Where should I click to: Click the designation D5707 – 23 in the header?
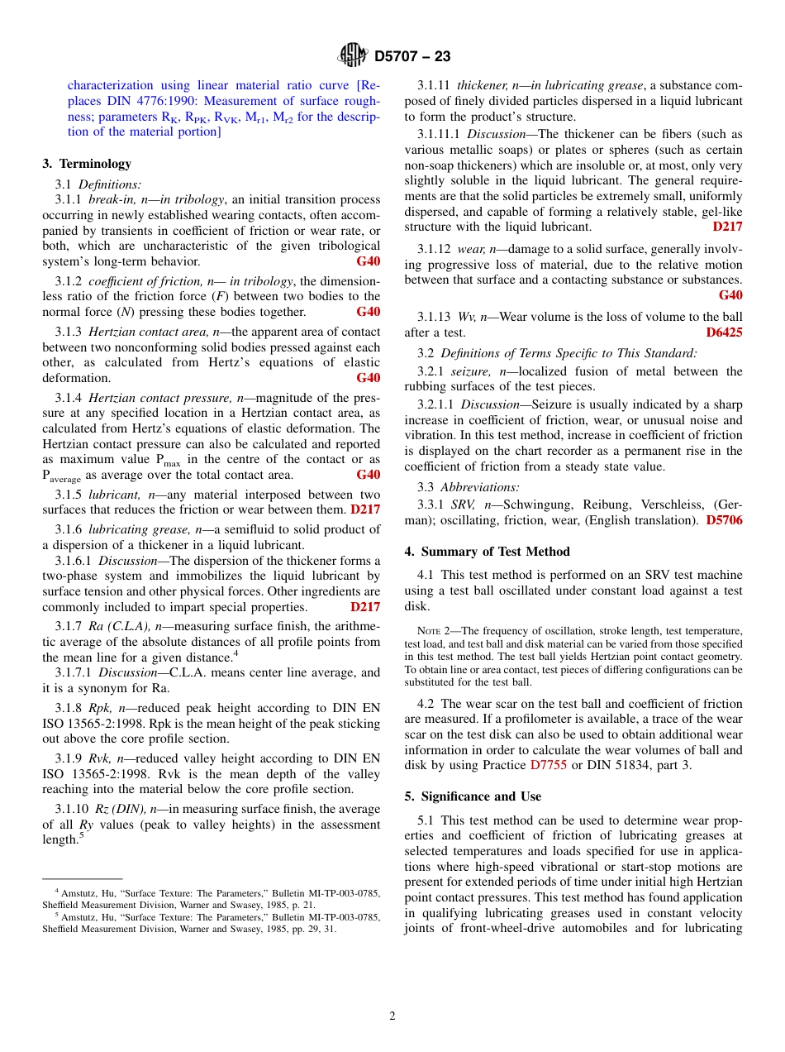pyautogui.click(x=412, y=56)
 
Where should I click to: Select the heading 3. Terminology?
pyautogui.click(x=87, y=164)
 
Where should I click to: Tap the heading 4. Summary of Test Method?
pyautogui.click(x=487, y=552)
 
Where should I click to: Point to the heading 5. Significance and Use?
pyautogui.click(x=473, y=796)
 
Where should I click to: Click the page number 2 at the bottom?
pyautogui.click(x=392, y=1016)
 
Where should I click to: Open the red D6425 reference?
pyautogui.click(x=724, y=332)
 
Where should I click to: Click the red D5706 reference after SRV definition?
pyautogui.click(x=724, y=520)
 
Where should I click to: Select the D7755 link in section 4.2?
pyautogui.click(x=548, y=765)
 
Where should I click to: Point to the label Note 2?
pyautogui.click(x=435, y=631)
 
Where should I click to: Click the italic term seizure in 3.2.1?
pyautogui.click(x=471, y=371)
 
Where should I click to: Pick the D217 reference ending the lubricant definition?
pyautogui.click(x=365, y=509)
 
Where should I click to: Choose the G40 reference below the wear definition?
pyautogui.click(x=730, y=295)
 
